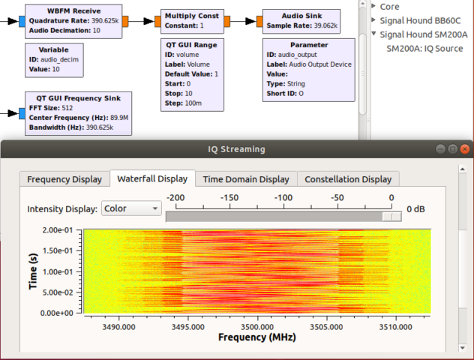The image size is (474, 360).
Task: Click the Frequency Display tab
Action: pyautogui.click(x=64, y=179)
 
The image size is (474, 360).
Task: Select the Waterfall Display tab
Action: pyautogui.click(x=152, y=179)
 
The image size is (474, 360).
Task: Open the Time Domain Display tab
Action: pyautogui.click(x=246, y=179)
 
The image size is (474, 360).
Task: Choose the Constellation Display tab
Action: pyautogui.click(x=348, y=179)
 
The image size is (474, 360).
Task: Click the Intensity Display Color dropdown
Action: pyautogui.click(x=131, y=208)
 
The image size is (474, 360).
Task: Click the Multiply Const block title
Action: pyautogui.click(x=192, y=15)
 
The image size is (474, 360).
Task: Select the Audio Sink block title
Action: pyautogui.click(x=302, y=15)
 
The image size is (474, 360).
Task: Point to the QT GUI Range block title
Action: pyautogui.click(x=191, y=45)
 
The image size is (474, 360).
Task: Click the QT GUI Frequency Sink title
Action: pyautogui.click(x=79, y=97)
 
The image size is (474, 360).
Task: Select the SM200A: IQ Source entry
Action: pyautogui.click(x=426, y=48)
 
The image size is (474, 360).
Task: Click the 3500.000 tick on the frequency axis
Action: pyautogui.click(x=256, y=327)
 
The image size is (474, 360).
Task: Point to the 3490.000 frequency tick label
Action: pyautogui.click(x=118, y=327)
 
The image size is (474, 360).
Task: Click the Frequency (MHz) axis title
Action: pyautogui.click(x=256, y=338)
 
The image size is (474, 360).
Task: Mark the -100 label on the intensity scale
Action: pyautogui.click(x=283, y=197)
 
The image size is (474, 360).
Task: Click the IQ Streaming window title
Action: pyautogui.click(x=236, y=149)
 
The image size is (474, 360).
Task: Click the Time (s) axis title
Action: pyautogui.click(x=33, y=271)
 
